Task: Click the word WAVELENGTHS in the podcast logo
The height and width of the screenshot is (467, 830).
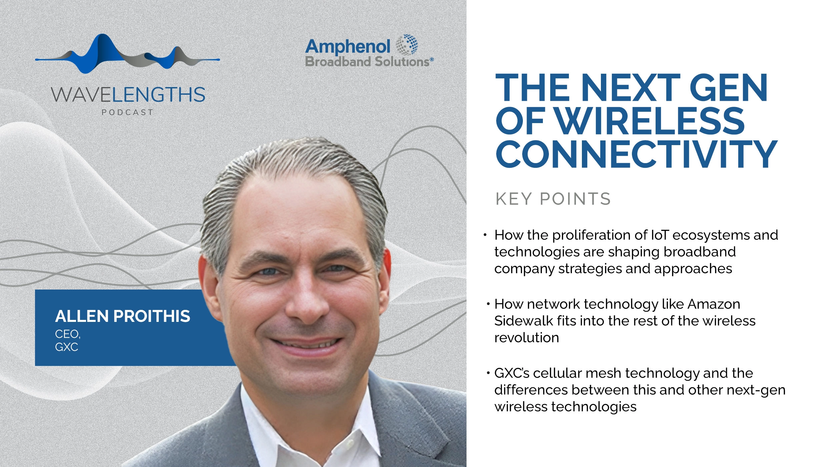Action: click(128, 95)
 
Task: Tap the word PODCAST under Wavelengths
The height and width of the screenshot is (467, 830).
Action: click(127, 112)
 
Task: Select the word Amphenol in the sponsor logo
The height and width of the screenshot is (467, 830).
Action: click(347, 47)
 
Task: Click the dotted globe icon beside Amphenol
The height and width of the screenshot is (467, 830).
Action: click(407, 45)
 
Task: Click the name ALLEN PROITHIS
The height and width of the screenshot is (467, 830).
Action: click(123, 316)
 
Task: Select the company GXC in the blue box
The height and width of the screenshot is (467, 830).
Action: click(67, 347)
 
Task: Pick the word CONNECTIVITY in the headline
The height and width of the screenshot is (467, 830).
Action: click(636, 154)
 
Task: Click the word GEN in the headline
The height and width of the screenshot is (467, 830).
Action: click(728, 88)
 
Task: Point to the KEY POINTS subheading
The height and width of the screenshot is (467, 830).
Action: click(553, 199)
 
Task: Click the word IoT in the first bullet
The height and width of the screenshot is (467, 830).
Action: click(660, 235)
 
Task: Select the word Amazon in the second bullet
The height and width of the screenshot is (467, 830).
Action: click(714, 304)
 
